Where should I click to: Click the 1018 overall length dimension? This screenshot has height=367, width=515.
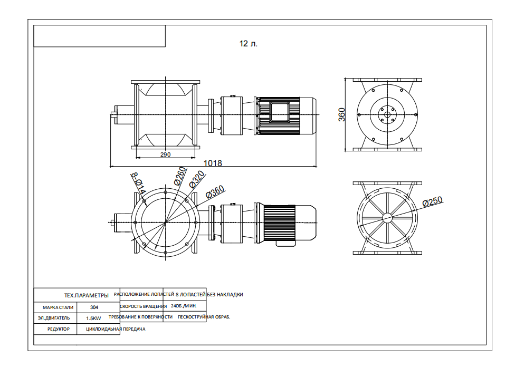[213, 163]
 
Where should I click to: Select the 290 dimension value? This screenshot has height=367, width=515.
[165, 155]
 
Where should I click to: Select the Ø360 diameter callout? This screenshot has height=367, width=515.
[215, 192]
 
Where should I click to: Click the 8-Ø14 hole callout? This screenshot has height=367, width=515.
[137, 182]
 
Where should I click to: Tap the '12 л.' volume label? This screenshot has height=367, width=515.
[248, 44]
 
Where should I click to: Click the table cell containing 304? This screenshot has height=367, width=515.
[94, 307]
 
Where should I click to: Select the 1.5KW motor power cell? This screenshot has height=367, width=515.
[94, 318]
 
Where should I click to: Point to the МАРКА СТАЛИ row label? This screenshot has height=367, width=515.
[55, 307]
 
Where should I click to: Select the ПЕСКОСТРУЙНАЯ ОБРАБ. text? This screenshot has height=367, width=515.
[204, 317]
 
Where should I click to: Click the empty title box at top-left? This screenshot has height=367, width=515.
[99, 36]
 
